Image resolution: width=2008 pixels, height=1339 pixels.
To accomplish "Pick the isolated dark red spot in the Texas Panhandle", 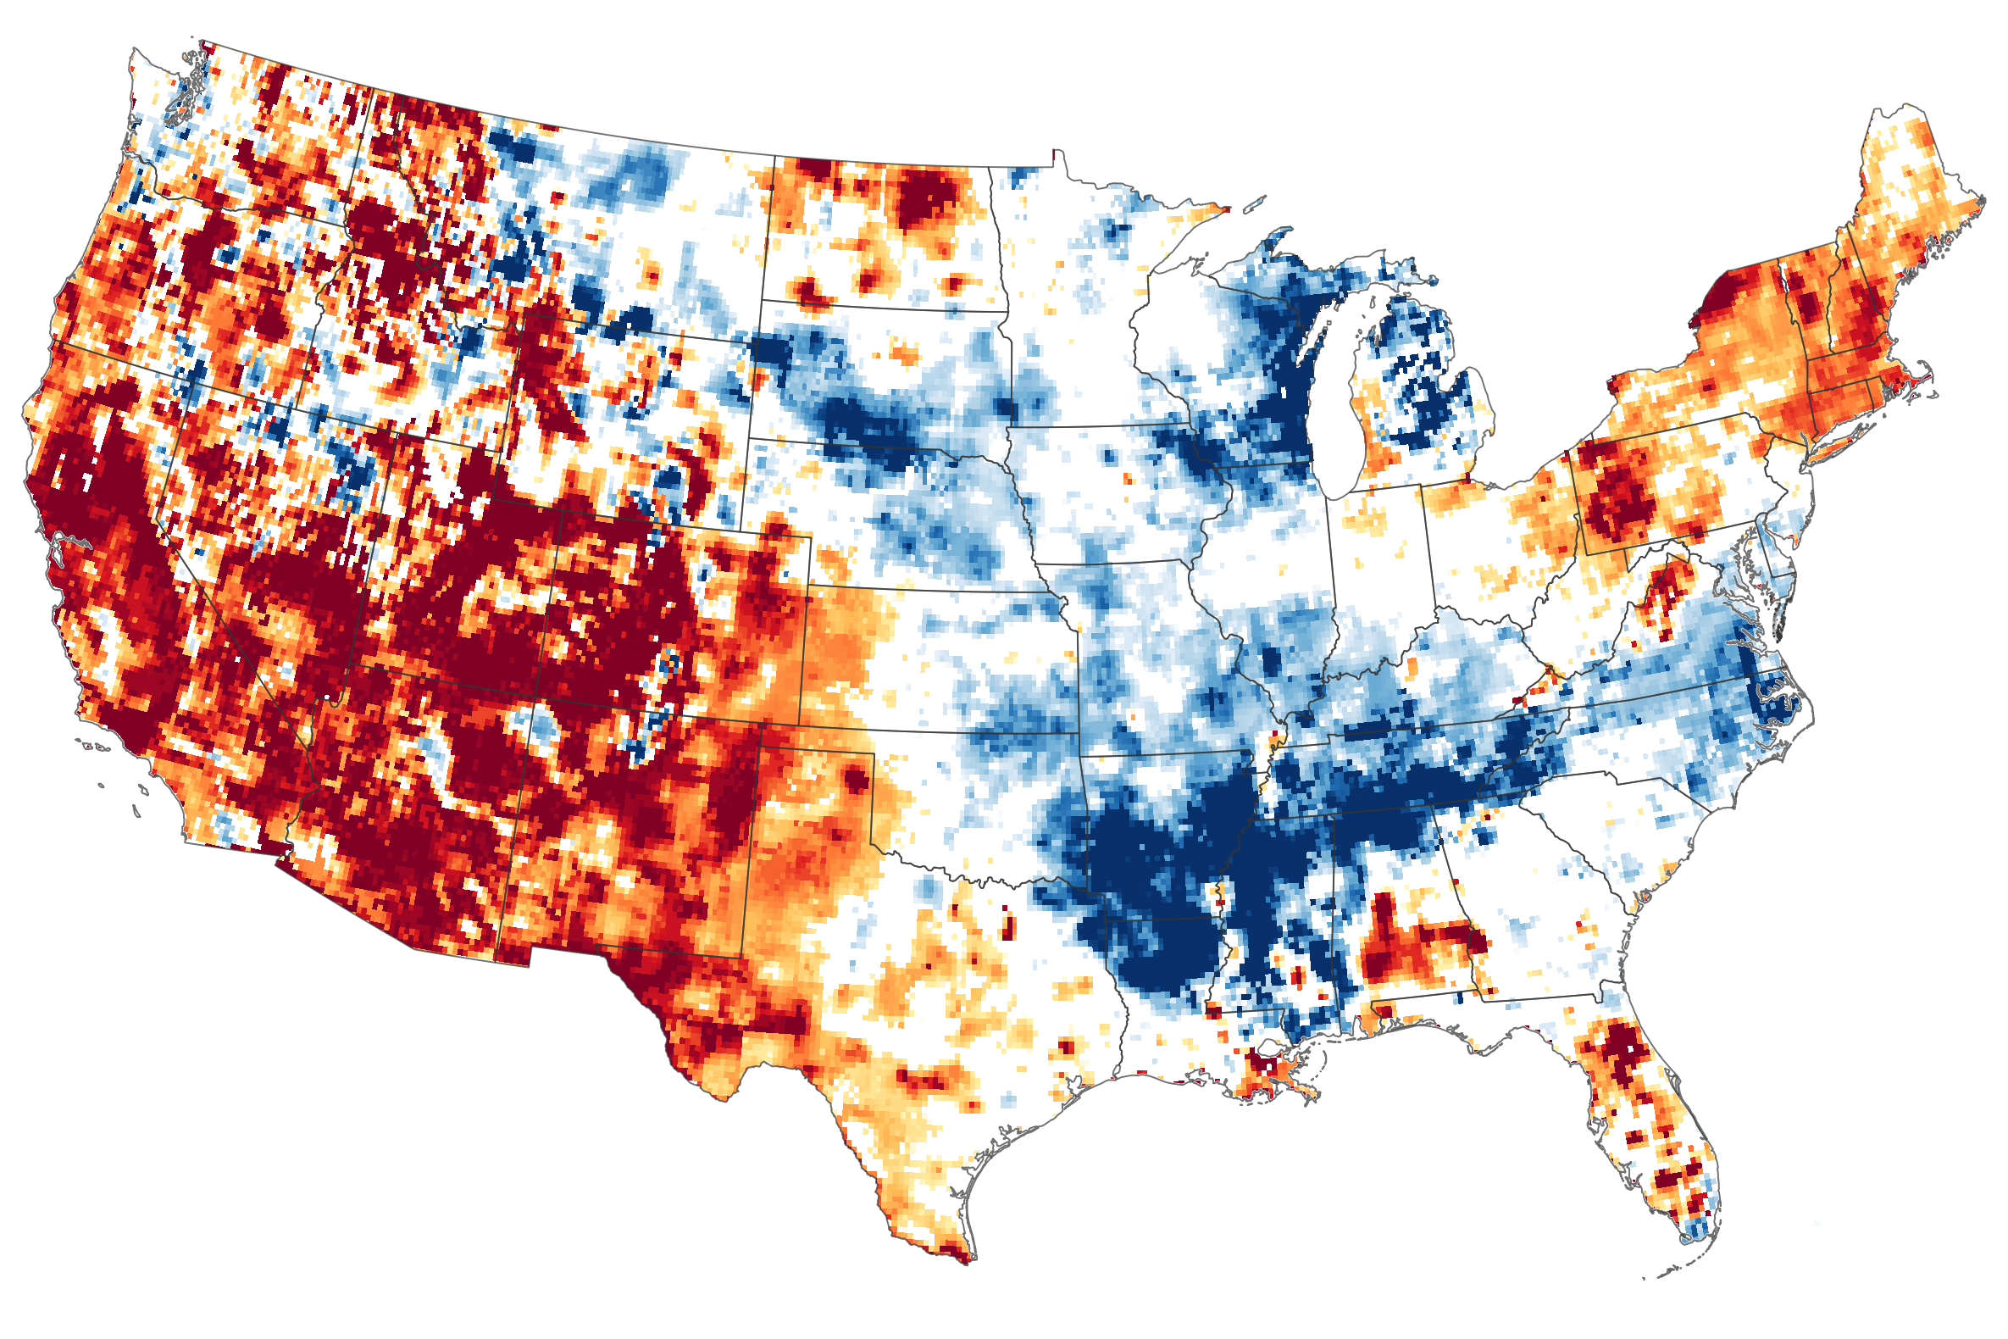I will tap(857, 779).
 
